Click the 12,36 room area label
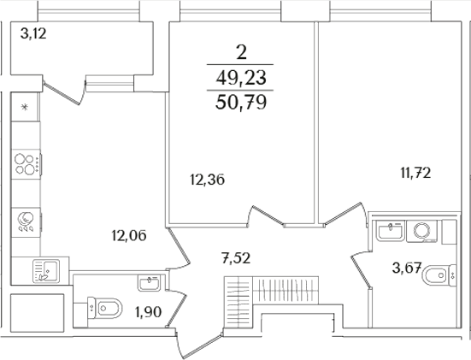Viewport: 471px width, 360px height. point(208,180)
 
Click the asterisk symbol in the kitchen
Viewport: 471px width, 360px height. point(25,107)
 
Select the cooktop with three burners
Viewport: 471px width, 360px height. point(25,164)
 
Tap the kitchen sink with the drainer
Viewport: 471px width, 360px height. point(41,271)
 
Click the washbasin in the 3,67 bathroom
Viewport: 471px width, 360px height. point(392,229)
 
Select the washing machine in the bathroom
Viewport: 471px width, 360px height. point(423,229)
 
